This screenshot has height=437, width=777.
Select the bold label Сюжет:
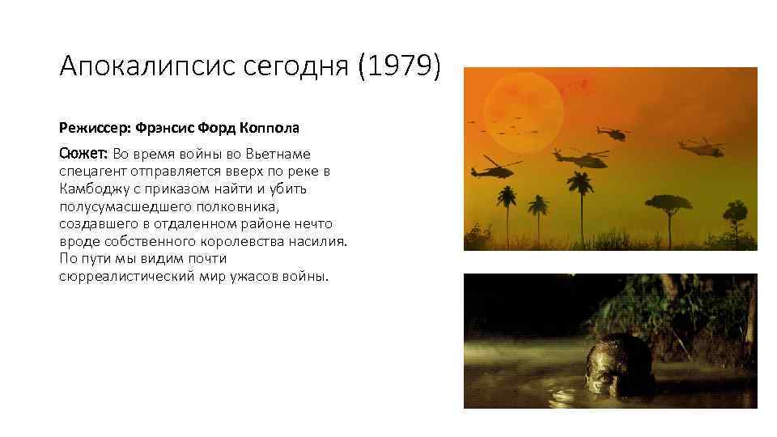click(83, 154)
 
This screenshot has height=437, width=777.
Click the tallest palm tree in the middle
click(579, 194)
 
